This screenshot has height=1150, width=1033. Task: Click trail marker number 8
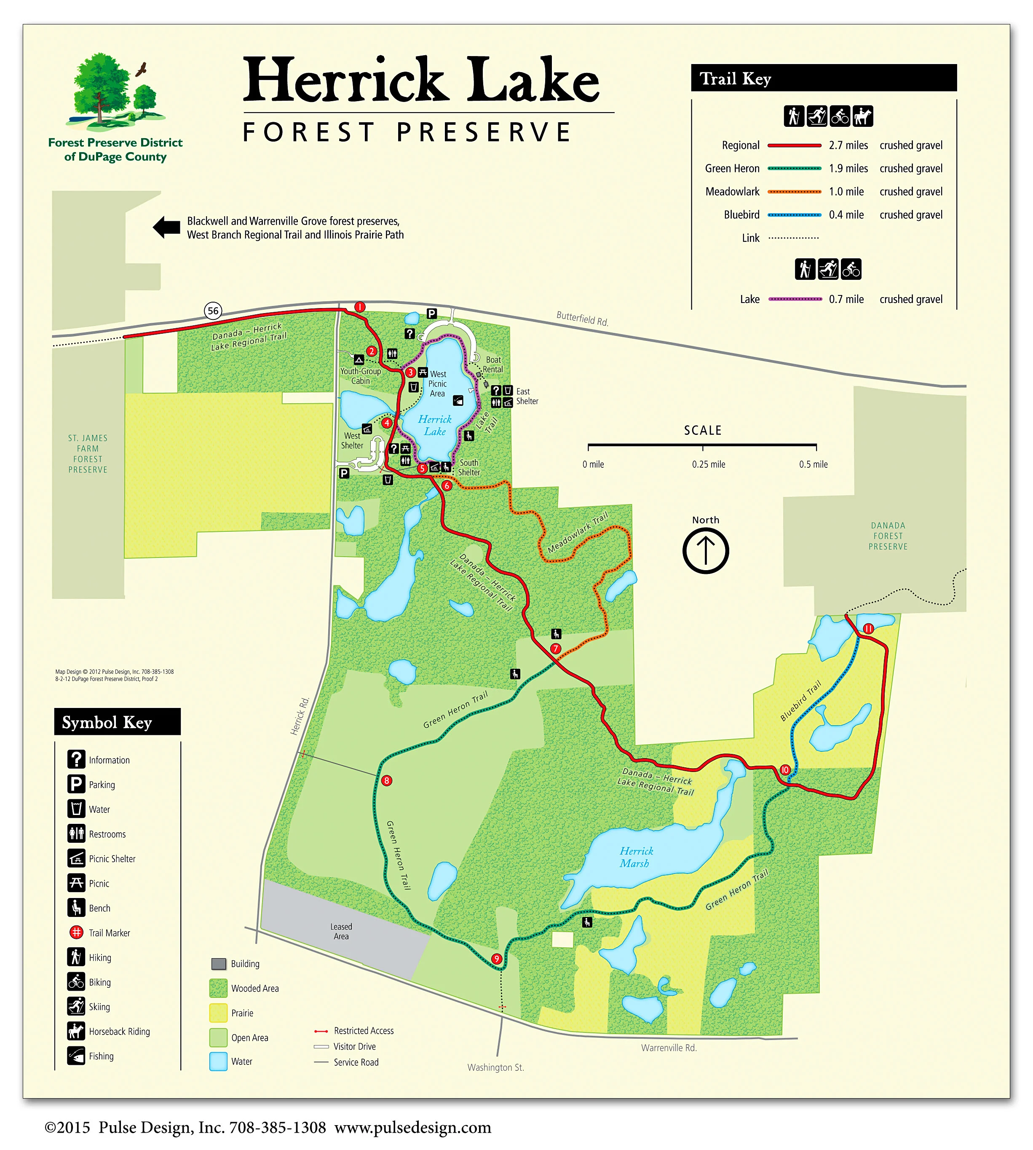tap(386, 780)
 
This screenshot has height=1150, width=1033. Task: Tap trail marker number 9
tap(497, 959)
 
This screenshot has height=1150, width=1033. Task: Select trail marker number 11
tap(868, 628)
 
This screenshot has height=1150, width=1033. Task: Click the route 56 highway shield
tap(213, 311)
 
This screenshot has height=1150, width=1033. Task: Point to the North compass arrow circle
tap(706, 551)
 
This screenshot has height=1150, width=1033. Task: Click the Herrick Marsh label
tap(636, 857)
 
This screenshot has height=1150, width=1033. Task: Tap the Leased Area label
tap(341, 931)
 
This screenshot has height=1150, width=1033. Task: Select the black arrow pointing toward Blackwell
tap(166, 228)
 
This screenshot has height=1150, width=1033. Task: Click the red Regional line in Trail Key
tap(794, 145)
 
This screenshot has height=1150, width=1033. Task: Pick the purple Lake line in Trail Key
tap(795, 299)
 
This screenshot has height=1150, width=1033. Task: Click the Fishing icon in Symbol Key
tap(76, 1056)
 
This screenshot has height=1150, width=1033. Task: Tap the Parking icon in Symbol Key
tap(76, 784)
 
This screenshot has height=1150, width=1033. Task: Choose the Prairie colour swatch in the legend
tap(219, 1013)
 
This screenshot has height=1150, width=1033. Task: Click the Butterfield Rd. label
tap(582, 319)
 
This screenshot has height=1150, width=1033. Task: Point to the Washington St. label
tap(495, 1067)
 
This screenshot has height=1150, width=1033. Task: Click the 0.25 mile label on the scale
tap(708, 464)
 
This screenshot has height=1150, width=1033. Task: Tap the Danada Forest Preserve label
tap(888, 536)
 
